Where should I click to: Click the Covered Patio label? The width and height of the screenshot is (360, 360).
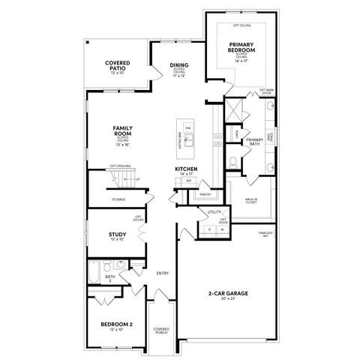tap(118, 67)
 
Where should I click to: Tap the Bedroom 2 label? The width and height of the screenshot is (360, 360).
tap(116, 324)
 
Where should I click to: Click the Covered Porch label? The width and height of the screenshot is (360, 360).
tap(161, 330)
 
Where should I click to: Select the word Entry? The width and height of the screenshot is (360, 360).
tap(162, 272)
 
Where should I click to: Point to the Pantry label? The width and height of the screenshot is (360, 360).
tap(205, 194)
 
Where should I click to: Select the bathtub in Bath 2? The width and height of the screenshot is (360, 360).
tap(94, 271)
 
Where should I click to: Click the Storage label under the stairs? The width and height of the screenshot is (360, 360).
tap(118, 199)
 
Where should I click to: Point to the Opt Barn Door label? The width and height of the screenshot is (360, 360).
tap(268, 91)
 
